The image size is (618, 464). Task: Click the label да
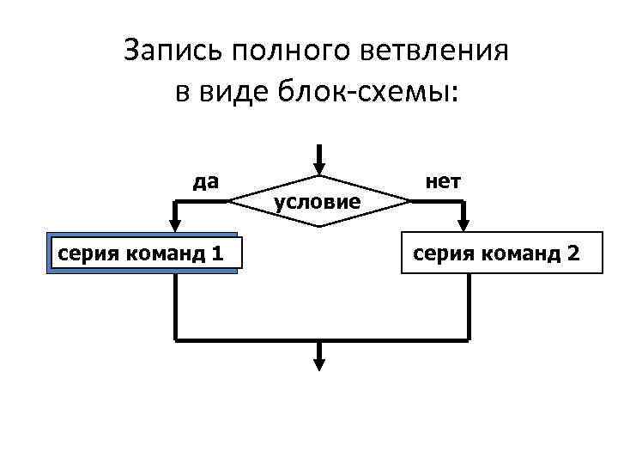pos(205,181)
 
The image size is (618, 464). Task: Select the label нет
pos(442,181)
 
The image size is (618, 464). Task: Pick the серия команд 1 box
pos(142,253)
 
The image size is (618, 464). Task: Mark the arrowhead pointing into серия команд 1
pos(175,227)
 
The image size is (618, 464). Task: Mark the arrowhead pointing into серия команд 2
pos(463,227)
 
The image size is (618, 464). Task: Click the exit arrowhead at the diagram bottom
pos(318,363)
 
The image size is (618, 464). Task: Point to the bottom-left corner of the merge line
pos(175,339)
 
